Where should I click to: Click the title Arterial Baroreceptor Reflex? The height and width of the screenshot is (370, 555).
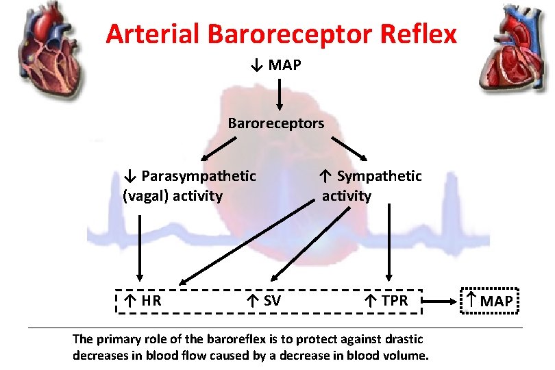tap(281, 33)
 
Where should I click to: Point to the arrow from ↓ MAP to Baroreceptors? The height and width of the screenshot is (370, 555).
tap(280, 94)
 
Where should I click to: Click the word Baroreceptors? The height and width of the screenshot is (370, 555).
tap(276, 124)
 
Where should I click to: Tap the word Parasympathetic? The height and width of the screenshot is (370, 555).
tap(198, 177)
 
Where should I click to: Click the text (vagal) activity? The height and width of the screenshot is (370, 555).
tap(173, 197)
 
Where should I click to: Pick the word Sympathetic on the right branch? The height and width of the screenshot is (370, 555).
tap(378, 177)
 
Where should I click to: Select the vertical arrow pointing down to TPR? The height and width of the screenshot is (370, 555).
tap(389, 243)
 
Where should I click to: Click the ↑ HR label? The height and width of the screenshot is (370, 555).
tap(143, 300)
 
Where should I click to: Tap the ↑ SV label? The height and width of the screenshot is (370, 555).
tap(264, 300)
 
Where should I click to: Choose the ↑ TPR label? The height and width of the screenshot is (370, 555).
tap(386, 300)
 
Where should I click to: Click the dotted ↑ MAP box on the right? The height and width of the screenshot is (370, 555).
tap(489, 300)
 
